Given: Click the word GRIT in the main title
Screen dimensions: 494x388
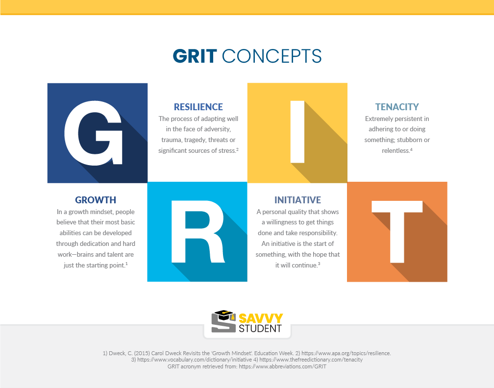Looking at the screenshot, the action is [x=195, y=56].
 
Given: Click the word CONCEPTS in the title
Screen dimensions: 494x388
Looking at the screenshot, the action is [x=272, y=56].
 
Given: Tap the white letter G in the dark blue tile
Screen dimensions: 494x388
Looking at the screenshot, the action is [x=93, y=133].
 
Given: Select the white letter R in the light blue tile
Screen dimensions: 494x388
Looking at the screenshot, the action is [x=198, y=231].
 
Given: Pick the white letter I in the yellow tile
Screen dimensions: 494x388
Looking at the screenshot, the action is [x=297, y=132].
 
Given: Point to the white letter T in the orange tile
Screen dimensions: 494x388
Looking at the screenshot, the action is [x=397, y=231].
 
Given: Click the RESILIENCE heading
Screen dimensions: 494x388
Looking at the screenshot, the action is [x=198, y=107].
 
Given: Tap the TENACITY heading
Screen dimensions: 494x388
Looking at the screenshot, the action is [x=397, y=107].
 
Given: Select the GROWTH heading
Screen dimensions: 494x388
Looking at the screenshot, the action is [x=96, y=200].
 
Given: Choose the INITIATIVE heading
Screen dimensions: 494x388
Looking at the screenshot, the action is [x=297, y=200].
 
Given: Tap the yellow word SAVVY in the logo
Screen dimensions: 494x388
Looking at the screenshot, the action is [x=261, y=318].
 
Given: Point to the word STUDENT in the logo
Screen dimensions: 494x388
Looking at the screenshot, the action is [x=260, y=328].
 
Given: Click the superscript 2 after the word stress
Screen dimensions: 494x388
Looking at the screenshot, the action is [x=237, y=149].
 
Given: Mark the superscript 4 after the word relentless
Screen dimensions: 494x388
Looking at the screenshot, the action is [x=411, y=149].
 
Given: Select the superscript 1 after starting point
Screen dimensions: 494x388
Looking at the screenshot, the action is [x=126, y=264].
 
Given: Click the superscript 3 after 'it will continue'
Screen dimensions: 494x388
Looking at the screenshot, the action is [x=319, y=264].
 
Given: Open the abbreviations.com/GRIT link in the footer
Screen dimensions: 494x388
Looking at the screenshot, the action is [x=282, y=366].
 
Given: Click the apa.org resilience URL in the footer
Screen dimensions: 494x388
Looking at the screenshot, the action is [x=346, y=353].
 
